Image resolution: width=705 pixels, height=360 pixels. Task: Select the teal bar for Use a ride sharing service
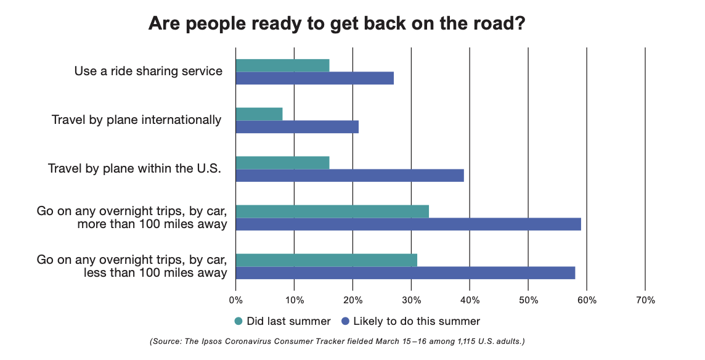click(x=282, y=65)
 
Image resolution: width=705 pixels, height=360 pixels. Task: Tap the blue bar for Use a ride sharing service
click(x=314, y=78)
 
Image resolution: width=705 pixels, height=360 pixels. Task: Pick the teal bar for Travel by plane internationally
click(x=259, y=114)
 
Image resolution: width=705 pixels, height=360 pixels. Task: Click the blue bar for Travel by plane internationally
click(x=297, y=127)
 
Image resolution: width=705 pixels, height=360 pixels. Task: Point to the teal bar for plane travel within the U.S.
click(x=282, y=163)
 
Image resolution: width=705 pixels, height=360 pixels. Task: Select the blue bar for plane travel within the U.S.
click(x=349, y=176)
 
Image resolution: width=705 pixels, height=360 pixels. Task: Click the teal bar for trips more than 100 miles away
click(x=332, y=211)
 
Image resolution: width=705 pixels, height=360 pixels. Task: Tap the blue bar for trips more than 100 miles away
click(x=408, y=224)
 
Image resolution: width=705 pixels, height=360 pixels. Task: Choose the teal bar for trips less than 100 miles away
click(x=326, y=260)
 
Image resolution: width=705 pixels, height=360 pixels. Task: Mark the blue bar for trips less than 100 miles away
click(x=405, y=273)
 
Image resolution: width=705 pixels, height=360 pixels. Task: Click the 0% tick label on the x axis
click(x=235, y=300)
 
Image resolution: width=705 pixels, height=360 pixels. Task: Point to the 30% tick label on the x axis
click(x=411, y=300)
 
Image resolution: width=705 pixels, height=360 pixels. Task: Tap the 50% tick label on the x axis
click(x=528, y=300)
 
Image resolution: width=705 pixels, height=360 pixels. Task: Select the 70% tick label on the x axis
click(x=645, y=300)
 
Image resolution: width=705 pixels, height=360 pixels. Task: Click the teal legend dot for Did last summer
click(x=238, y=321)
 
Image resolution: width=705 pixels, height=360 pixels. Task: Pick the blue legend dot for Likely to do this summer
click(x=345, y=321)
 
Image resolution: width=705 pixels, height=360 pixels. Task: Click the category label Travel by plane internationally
click(x=136, y=120)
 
